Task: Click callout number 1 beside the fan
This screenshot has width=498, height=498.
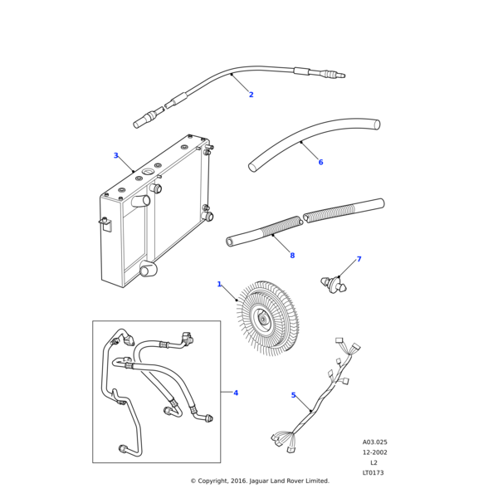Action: (x=219, y=284)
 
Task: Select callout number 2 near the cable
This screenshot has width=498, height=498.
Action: (x=251, y=95)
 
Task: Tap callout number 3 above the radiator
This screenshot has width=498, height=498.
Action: (x=116, y=155)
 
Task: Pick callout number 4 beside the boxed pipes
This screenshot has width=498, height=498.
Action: (x=236, y=393)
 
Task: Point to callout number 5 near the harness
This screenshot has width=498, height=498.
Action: (x=294, y=395)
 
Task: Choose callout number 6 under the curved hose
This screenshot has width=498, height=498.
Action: (x=320, y=162)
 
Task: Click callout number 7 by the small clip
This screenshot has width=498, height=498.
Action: (x=359, y=260)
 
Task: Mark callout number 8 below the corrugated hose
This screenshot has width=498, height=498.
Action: (x=292, y=256)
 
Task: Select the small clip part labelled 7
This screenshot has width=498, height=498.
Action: (x=334, y=285)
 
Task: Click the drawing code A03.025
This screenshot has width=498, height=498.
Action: (x=374, y=442)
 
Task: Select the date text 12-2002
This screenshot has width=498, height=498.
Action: (x=374, y=452)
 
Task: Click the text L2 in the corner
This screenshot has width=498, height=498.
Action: (x=374, y=462)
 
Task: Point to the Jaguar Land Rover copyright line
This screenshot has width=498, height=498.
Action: (x=260, y=481)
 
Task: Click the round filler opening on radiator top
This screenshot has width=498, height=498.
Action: (x=148, y=173)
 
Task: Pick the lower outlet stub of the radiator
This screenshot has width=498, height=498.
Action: (x=148, y=269)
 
